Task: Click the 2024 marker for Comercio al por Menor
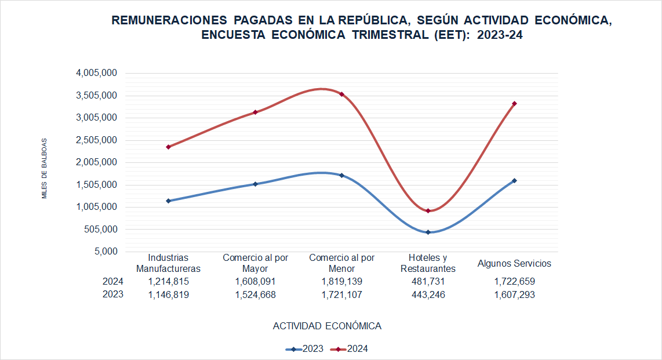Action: (341, 94)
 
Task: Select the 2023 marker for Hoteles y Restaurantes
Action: (428, 232)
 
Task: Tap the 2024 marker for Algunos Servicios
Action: (514, 104)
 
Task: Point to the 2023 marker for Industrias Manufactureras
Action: (168, 201)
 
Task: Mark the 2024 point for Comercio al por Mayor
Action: (255, 112)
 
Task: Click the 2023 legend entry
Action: (305, 349)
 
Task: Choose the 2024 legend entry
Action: (350, 349)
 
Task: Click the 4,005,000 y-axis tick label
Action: (97, 73)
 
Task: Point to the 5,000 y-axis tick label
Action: (104, 252)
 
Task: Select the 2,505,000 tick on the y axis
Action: (97, 140)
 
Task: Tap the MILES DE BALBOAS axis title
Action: (44, 168)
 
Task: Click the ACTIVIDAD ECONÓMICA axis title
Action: (327, 326)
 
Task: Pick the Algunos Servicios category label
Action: (514, 263)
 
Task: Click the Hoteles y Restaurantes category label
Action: (428, 263)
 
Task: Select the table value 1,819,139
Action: (342, 282)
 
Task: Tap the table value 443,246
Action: (428, 294)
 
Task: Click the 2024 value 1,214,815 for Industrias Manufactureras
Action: (168, 282)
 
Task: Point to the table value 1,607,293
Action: (514, 294)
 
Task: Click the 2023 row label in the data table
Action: (112, 294)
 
